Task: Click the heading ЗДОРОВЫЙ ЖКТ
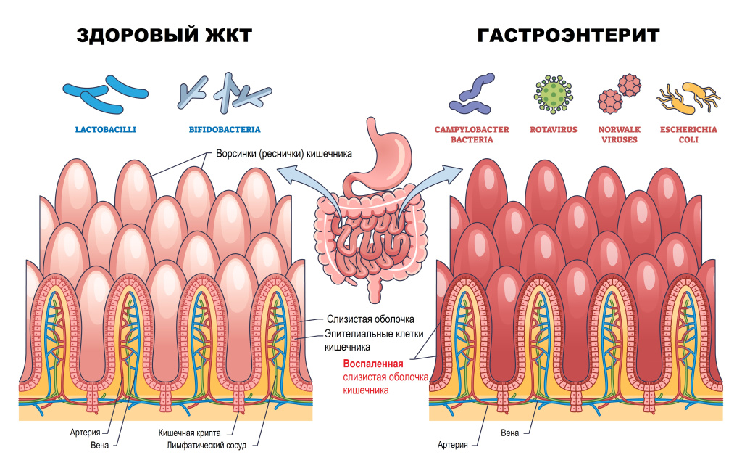164,35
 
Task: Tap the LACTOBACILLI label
106,130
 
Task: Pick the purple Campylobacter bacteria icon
472,95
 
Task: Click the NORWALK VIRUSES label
618,134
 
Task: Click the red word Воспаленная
372,364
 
